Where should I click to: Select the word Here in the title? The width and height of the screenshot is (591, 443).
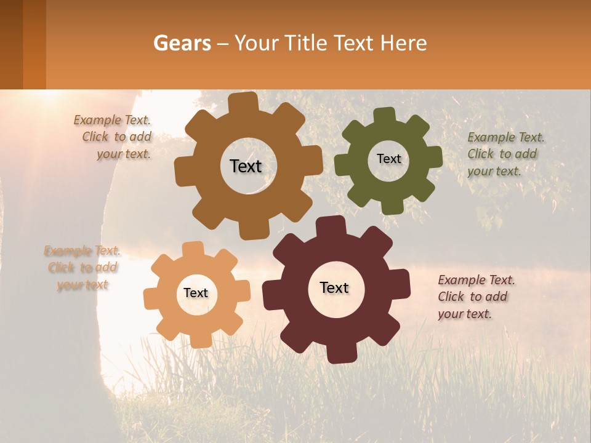click(404, 43)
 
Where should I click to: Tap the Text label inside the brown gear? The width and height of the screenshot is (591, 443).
click(246, 166)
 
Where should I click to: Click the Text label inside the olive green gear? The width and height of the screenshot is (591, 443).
click(388, 159)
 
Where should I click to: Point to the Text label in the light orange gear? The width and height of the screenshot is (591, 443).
click(196, 293)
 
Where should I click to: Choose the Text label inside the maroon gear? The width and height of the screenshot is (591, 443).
click(334, 288)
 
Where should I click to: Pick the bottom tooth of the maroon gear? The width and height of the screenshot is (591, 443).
click(337, 353)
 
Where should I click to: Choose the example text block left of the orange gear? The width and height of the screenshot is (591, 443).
click(82, 268)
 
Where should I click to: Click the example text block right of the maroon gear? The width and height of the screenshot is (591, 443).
click(475, 297)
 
